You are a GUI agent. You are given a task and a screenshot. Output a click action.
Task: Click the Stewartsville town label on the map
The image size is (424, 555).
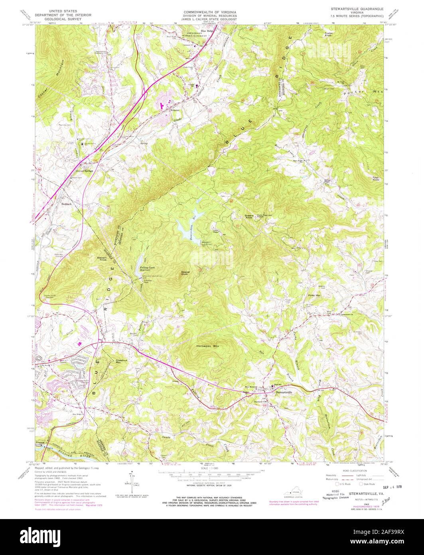point(284,392)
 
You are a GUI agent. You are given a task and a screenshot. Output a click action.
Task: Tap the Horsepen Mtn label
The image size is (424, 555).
point(208,347)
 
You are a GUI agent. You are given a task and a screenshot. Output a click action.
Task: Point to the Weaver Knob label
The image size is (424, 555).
point(184,274)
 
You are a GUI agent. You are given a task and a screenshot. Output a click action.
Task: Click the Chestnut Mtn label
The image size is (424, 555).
point(121,361)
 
